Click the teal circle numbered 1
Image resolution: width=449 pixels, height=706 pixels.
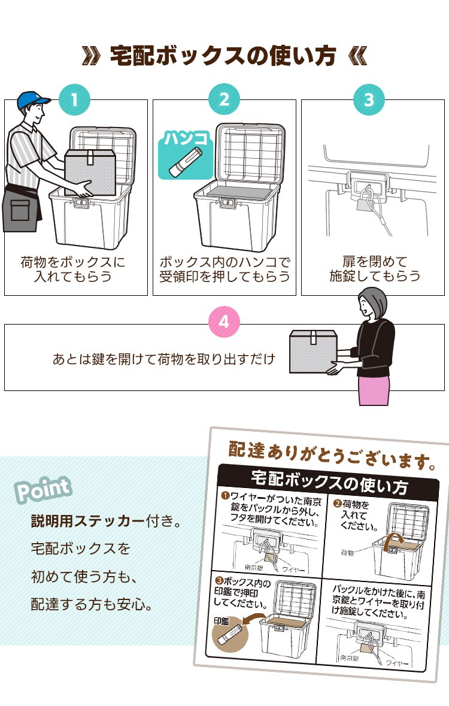[x=74, y=99]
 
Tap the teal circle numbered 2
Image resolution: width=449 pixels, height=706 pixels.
[x=224, y=99]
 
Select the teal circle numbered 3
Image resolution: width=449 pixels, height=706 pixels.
[x=369, y=99]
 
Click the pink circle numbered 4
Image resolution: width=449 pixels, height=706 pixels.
[x=224, y=322]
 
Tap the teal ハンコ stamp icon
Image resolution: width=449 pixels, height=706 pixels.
[x=186, y=154]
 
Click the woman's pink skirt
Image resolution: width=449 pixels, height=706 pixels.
[x=374, y=389]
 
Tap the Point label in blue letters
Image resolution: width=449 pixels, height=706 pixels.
[x=43, y=489]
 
